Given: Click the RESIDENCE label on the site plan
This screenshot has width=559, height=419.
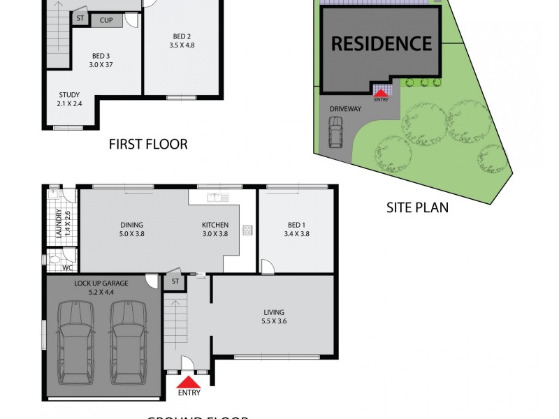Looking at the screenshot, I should (x=382, y=43).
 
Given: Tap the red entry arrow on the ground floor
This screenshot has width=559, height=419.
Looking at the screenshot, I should (x=187, y=383).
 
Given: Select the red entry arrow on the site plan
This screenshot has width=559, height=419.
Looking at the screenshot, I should (x=381, y=91).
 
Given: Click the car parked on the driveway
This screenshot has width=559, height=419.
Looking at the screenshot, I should (x=335, y=132).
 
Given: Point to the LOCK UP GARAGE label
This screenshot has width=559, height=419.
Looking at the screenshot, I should (x=101, y=284).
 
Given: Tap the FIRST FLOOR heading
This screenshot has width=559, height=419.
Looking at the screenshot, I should (x=148, y=145).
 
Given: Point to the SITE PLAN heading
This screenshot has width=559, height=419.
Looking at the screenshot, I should (x=417, y=207).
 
